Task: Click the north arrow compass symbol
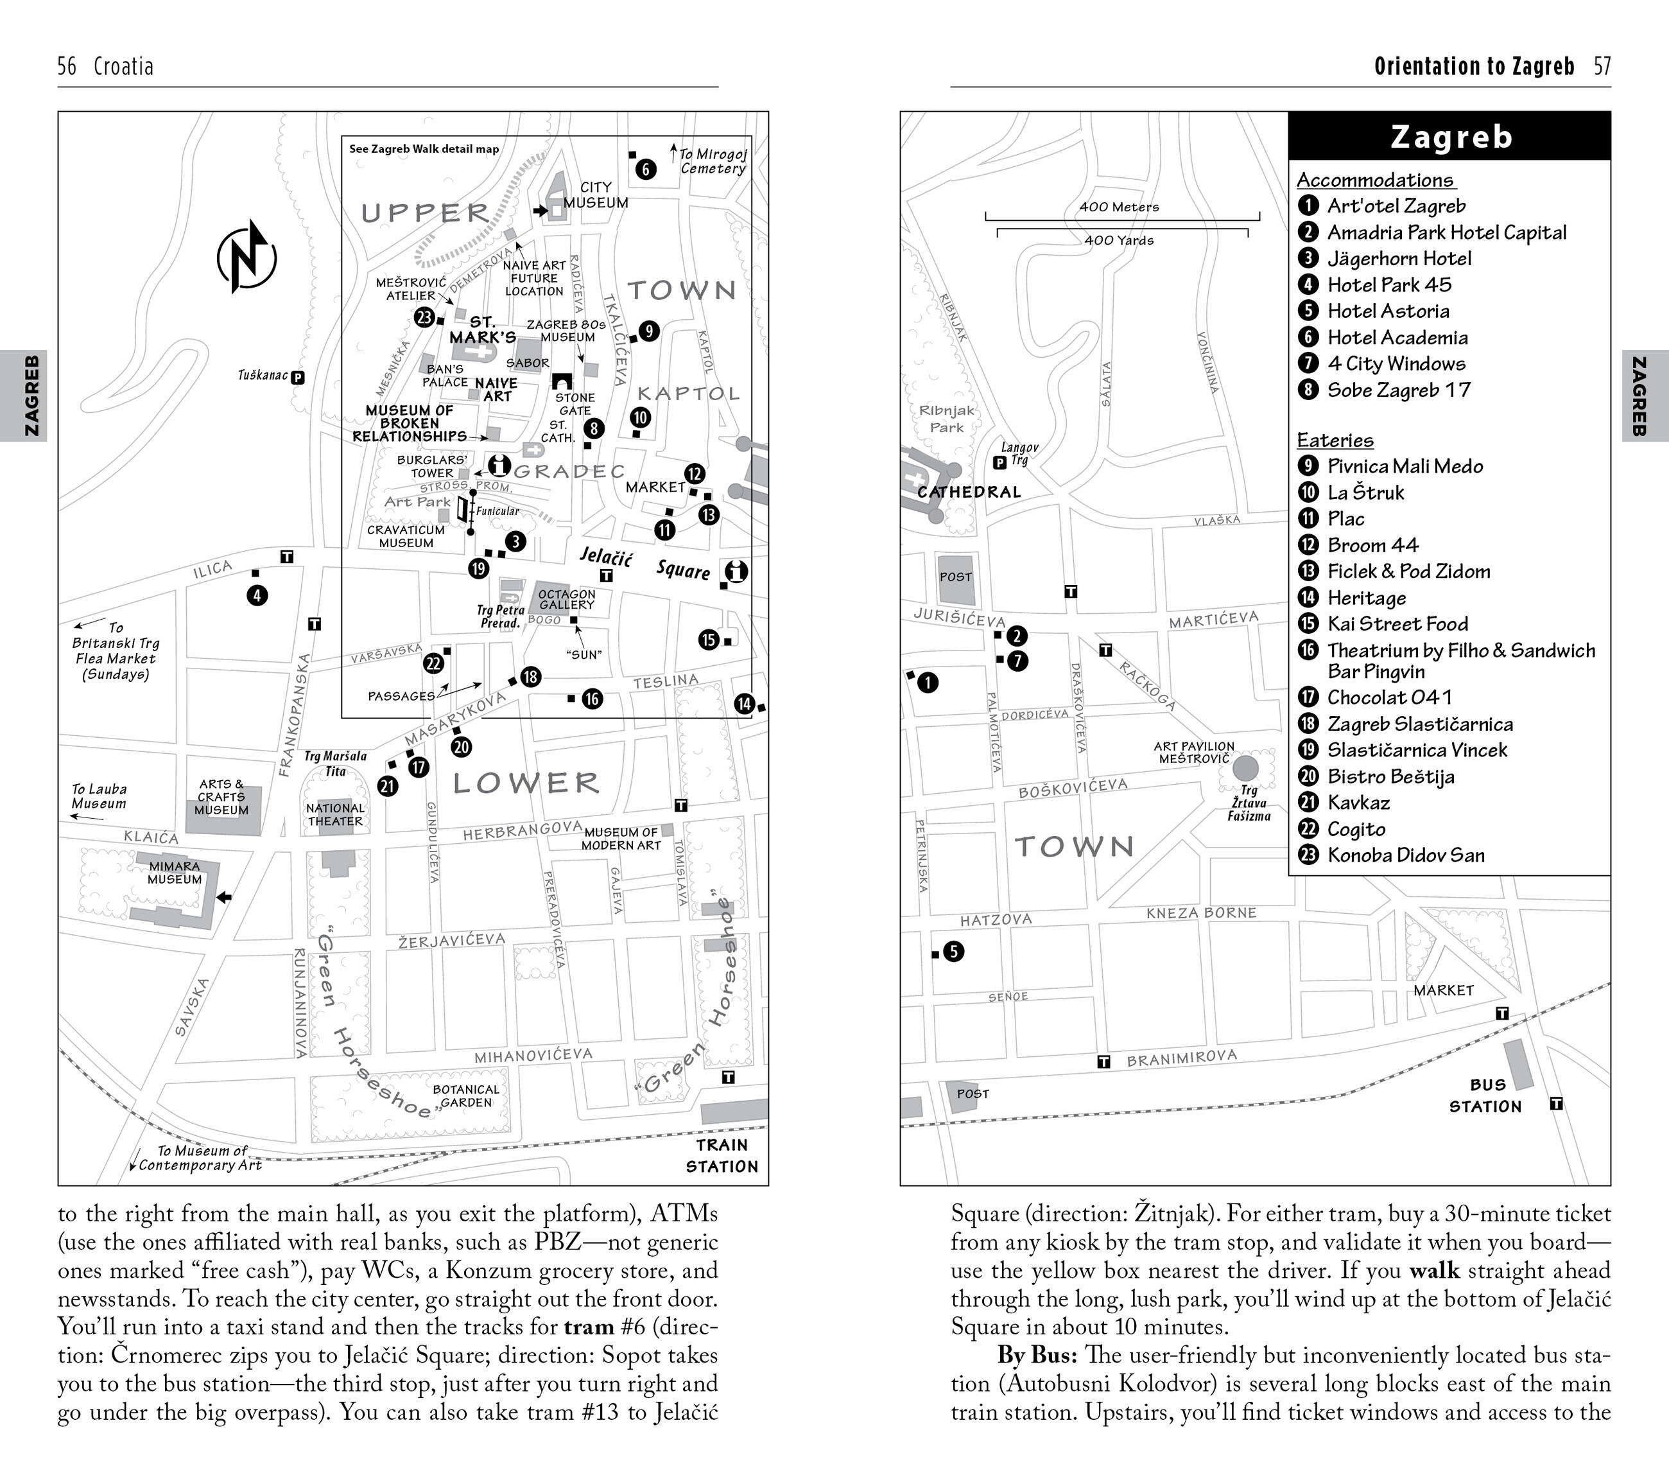[246, 256]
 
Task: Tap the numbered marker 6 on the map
[645, 169]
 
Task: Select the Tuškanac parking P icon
[298, 378]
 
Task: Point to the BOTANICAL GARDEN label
[465, 1096]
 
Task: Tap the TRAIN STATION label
[722, 1156]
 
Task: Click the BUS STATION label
[1485, 1096]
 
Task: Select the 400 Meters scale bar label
[1119, 207]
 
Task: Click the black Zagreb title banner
[1449, 136]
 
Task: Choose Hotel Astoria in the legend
[1388, 311]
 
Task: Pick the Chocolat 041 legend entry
[1389, 697]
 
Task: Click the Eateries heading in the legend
[1335, 441]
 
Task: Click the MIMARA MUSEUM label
[175, 872]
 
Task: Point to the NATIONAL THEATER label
[335, 814]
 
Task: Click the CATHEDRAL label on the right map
[969, 492]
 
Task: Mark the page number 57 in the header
[1602, 66]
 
